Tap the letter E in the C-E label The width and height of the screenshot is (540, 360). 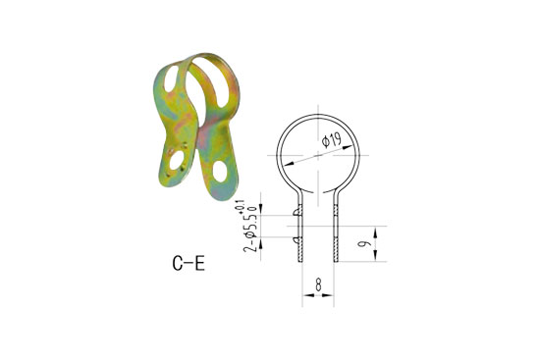coord(198,264)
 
